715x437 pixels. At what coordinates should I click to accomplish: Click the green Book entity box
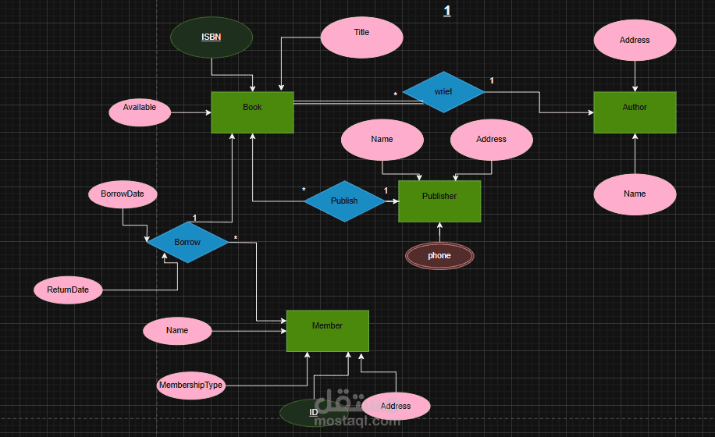point(252,112)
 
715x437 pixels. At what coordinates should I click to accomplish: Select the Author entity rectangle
point(635,112)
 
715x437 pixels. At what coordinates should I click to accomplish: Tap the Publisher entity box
point(439,201)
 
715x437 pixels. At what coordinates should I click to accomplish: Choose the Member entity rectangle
point(327,331)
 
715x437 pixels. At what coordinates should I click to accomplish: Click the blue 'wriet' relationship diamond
point(443,92)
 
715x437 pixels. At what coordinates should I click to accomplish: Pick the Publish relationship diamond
point(344,201)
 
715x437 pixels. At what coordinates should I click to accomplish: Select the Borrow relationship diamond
point(187,243)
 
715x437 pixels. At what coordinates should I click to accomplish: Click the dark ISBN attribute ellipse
point(212,37)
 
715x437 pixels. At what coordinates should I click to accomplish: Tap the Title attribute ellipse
point(361,37)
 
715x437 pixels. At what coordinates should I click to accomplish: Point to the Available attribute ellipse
point(140,112)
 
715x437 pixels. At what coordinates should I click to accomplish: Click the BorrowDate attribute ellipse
point(123,194)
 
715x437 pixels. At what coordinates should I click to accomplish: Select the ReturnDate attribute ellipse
point(68,290)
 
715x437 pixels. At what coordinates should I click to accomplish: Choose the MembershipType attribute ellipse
point(191,385)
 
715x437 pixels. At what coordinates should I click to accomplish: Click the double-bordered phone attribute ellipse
point(439,256)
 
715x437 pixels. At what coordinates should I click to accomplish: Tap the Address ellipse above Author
point(635,40)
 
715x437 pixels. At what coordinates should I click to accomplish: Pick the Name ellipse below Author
point(635,194)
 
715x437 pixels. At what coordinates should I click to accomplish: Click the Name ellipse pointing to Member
point(177,331)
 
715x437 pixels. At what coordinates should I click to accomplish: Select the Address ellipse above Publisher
point(492,140)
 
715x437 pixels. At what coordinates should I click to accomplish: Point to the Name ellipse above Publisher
point(382,140)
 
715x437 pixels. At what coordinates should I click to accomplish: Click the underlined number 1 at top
point(447,10)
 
